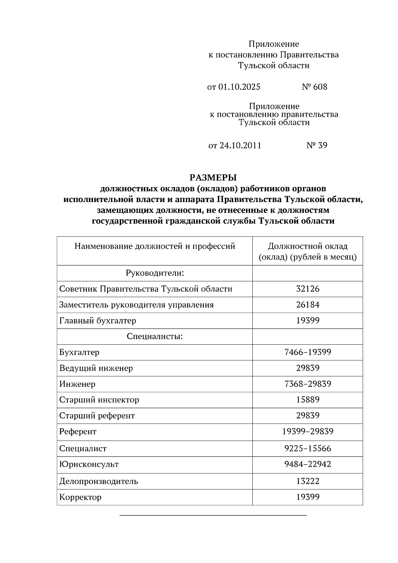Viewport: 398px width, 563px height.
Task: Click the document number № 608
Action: click(x=314, y=87)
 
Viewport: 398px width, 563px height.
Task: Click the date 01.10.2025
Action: click(x=239, y=87)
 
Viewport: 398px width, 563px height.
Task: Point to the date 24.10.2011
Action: click(x=240, y=145)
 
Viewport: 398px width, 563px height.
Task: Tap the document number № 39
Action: click(x=317, y=145)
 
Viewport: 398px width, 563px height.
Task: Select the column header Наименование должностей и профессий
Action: click(x=155, y=246)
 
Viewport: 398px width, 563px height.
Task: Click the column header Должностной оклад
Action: click(x=307, y=246)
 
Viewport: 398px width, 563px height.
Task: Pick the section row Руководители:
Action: click(x=155, y=273)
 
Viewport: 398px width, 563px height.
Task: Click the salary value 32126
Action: click(x=307, y=289)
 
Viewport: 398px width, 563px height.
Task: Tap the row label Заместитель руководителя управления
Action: click(x=136, y=305)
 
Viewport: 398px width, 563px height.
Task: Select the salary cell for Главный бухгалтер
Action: click(x=307, y=320)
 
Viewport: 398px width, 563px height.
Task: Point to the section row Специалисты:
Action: click(x=155, y=336)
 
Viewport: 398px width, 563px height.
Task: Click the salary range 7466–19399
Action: click(x=307, y=352)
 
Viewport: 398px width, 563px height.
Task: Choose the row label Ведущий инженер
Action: click(x=96, y=368)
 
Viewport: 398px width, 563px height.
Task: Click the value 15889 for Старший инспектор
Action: click(x=307, y=399)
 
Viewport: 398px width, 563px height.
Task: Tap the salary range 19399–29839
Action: click(x=307, y=431)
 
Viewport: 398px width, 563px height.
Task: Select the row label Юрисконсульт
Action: click(x=89, y=464)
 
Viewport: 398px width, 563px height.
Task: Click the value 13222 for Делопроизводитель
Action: click(x=307, y=481)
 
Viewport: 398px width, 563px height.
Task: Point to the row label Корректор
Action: click(x=80, y=497)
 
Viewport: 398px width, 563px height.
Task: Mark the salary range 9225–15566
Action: click(x=307, y=449)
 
